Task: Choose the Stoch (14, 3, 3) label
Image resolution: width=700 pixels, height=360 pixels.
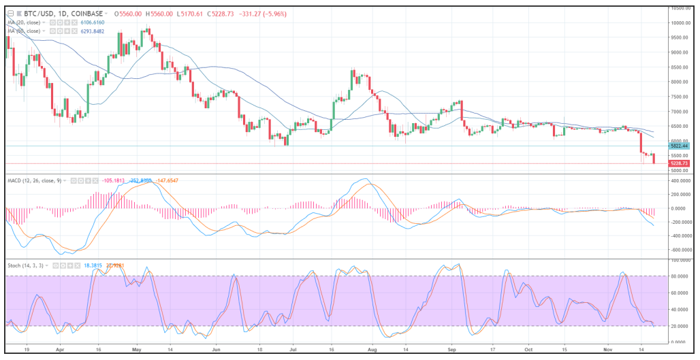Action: [x=25, y=264]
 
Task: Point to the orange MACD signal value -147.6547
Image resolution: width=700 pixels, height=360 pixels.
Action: [x=170, y=180]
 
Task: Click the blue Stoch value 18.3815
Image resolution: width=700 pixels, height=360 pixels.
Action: [x=94, y=264]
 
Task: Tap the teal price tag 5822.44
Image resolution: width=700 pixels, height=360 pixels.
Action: [x=680, y=146]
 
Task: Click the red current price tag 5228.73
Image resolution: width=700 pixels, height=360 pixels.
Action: [x=680, y=163]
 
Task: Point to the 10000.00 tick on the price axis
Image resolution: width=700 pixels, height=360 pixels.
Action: [x=680, y=22]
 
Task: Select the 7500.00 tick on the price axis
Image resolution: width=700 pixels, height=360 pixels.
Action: [x=680, y=96]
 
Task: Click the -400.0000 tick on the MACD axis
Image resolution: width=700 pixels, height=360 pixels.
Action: [x=681, y=236]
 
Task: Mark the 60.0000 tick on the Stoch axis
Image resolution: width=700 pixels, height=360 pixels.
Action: [x=680, y=293]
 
